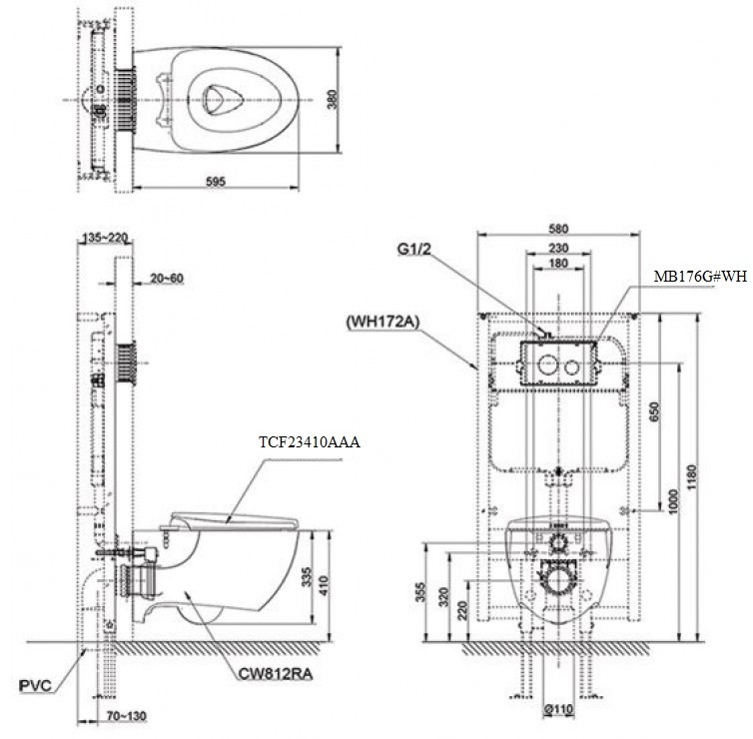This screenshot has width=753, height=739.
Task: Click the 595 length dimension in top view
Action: tap(216, 181)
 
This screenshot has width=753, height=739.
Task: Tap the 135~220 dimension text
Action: tap(107, 239)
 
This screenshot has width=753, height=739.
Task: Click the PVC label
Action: tap(35, 686)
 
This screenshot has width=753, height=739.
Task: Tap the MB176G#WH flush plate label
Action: tap(699, 276)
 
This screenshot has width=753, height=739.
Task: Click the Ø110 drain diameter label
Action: tap(558, 710)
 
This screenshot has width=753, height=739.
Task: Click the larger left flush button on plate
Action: tap(546, 366)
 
